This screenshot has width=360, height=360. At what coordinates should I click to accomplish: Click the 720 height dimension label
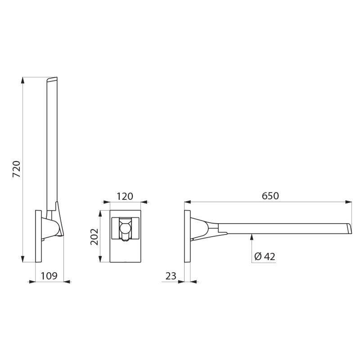[x=17, y=169]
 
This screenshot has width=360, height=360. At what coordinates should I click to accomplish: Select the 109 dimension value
[x=49, y=276]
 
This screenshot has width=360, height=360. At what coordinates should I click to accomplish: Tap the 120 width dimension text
[x=125, y=196]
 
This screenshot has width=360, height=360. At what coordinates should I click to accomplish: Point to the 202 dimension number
[x=94, y=236]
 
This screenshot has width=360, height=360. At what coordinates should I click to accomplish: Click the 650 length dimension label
[x=270, y=196]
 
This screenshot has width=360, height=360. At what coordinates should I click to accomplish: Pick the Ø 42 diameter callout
[x=265, y=256]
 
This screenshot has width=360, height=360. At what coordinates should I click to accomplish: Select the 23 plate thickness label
[x=171, y=276]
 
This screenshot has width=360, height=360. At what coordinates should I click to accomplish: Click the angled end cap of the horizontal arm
[x=348, y=228]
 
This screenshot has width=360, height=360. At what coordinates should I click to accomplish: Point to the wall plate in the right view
[x=188, y=236]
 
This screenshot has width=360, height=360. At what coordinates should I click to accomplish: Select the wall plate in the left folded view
[x=38, y=236]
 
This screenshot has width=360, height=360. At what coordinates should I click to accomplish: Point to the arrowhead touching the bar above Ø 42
[x=252, y=237]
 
